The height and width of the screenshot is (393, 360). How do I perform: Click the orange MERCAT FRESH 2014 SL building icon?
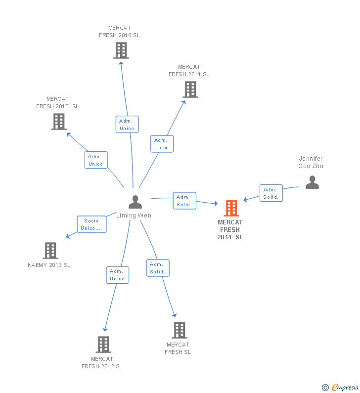(231, 208)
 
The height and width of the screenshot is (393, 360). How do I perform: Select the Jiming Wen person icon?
(135, 202)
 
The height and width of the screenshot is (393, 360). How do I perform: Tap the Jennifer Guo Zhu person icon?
(312, 182)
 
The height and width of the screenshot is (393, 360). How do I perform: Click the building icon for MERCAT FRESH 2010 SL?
(121, 50)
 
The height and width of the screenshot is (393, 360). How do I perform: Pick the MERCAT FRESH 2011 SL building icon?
(190, 89)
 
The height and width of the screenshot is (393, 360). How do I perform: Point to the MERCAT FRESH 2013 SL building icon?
(59, 122)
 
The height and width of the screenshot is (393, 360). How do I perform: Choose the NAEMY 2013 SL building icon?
(50, 251)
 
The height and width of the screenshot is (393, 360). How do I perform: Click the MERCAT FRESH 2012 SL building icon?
(103, 345)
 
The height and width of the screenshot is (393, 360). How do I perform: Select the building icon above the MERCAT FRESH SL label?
(180, 330)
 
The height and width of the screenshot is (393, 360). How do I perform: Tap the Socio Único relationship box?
(91, 224)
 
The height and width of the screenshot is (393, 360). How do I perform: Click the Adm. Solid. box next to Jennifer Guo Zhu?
(271, 193)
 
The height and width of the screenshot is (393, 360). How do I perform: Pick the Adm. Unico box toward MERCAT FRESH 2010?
(127, 125)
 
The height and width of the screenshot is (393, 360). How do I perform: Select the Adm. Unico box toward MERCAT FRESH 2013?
(96, 160)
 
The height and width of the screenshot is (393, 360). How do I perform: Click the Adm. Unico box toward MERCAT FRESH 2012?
(118, 275)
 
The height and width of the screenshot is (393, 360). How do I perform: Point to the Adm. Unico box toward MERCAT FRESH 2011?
(162, 144)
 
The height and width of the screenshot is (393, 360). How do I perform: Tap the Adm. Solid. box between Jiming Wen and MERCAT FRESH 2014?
(184, 201)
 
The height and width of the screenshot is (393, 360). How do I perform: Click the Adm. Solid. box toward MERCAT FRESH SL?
(158, 268)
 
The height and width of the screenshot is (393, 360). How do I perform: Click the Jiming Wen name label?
(134, 216)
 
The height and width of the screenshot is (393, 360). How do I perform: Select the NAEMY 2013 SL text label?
(49, 265)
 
